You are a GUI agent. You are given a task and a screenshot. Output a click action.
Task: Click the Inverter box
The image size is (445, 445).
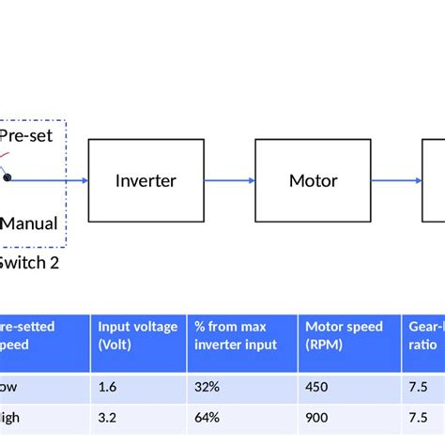click(x=146, y=180)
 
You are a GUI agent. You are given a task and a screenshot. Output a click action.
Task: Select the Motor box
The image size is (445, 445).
click(x=313, y=180)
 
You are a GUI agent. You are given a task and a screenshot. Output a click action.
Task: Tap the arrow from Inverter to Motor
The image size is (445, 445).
click(x=229, y=180)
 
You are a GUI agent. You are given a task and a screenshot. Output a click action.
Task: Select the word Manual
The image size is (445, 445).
click(x=29, y=223)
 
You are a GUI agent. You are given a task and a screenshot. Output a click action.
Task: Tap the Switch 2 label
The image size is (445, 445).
click(x=28, y=263)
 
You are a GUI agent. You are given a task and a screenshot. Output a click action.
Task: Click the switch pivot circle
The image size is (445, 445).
click(x=8, y=177)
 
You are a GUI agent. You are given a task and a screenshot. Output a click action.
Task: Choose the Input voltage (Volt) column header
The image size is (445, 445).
click(x=138, y=335)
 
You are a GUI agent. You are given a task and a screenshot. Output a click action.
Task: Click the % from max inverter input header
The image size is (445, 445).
click(x=241, y=335)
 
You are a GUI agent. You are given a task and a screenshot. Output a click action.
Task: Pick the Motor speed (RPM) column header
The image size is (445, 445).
click(x=345, y=335)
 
